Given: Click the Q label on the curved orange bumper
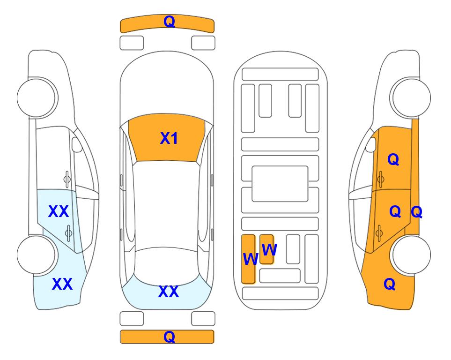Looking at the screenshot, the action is tap(169, 21).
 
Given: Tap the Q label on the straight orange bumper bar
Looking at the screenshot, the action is tap(169, 337).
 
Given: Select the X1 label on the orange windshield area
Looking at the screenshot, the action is tap(169, 138).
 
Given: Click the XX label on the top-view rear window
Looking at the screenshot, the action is tap(169, 292).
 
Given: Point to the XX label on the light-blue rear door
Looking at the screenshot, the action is tap(59, 211).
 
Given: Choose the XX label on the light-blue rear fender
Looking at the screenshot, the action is tap(62, 284).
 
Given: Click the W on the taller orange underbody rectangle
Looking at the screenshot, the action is tap(251, 259).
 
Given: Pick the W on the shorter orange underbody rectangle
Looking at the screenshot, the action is tap(269, 249).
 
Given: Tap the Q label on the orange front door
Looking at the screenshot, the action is tap(393, 159).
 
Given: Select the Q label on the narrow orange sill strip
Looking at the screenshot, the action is tap(416, 212).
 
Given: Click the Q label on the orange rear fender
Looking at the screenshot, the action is tap(390, 284).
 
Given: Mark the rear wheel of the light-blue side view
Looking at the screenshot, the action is tap(37, 255).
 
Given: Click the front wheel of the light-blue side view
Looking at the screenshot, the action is tap(37, 98).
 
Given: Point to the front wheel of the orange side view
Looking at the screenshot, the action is tap(410, 98).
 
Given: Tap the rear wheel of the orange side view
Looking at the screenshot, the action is tap(410, 255).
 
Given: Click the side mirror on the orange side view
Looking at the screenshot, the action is tap(371, 144).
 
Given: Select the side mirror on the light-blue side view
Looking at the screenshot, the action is tap(76, 144).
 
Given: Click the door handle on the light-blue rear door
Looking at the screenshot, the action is tap(68, 232).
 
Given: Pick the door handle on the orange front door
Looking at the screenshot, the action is tap(380, 179).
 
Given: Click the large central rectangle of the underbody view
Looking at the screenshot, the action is tap(280, 184).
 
